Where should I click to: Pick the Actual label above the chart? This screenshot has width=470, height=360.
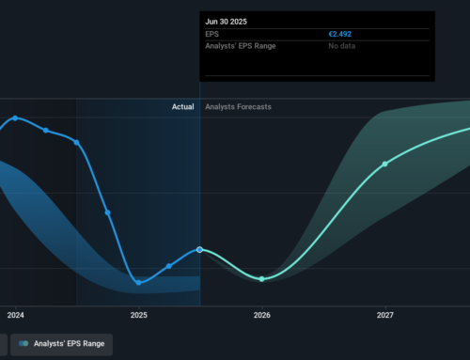pos(182,107)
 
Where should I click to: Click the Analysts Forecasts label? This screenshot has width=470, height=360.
pos(239,107)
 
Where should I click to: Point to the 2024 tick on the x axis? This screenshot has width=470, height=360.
pos(15,315)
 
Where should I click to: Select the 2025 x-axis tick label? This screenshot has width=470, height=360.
pos(139,315)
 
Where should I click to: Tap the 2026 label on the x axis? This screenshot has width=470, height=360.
pos(262,315)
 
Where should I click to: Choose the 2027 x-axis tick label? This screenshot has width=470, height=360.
pos(385,315)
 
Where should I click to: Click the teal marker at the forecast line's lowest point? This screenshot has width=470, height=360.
pos(262,279)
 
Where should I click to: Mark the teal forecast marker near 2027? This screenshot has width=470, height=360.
pos(385,164)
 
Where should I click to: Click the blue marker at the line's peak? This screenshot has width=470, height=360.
pos(16,117)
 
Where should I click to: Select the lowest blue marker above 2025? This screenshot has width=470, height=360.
pos(139,282)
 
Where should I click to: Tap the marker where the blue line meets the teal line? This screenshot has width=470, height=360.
pos(200,249)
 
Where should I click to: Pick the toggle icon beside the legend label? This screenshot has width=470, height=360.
pos(23,344)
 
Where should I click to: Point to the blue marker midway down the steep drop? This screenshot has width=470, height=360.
pos(108,212)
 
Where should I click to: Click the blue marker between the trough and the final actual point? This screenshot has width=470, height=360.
pos(169,266)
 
